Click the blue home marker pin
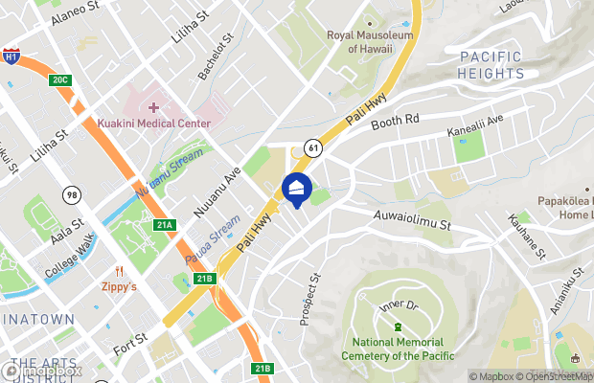(296, 188)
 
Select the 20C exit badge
(59, 79)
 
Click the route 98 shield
(71, 195)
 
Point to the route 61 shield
(313, 146)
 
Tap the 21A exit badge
(164, 225)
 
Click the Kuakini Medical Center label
(153, 124)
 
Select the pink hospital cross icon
(153, 105)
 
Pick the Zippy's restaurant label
(120, 285)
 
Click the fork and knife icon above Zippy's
(120, 270)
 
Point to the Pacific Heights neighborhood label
(491, 64)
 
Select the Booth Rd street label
(397, 121)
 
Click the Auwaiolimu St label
(412, 221)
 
